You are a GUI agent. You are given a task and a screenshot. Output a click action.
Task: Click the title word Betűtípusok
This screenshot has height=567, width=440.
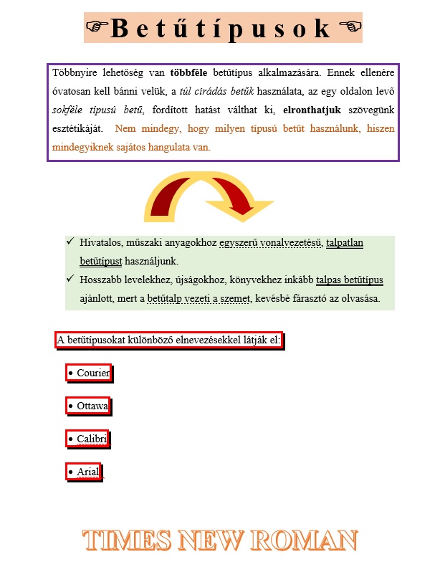tap(221, 28)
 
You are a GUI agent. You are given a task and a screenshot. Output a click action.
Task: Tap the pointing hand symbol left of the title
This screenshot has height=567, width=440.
tap(96, 27)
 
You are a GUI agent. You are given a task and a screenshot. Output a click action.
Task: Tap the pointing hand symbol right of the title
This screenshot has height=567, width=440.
tap(349, 27)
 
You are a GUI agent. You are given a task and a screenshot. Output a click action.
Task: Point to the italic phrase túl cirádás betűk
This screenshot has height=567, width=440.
tap(216, 91)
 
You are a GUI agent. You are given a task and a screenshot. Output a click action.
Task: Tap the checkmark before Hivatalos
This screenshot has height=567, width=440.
tap(70, 242)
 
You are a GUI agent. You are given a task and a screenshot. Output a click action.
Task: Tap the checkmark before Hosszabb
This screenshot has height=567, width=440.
tap(70, 279)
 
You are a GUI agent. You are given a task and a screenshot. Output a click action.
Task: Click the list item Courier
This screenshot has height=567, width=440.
tap(92, 373)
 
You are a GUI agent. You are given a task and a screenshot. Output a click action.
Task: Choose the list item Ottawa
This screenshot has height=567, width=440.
tap(92, 406)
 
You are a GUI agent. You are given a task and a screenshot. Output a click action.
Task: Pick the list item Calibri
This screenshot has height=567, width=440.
tap(92, 439)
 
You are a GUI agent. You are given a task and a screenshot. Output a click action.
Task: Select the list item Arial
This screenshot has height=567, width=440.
tap(87, 472)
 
